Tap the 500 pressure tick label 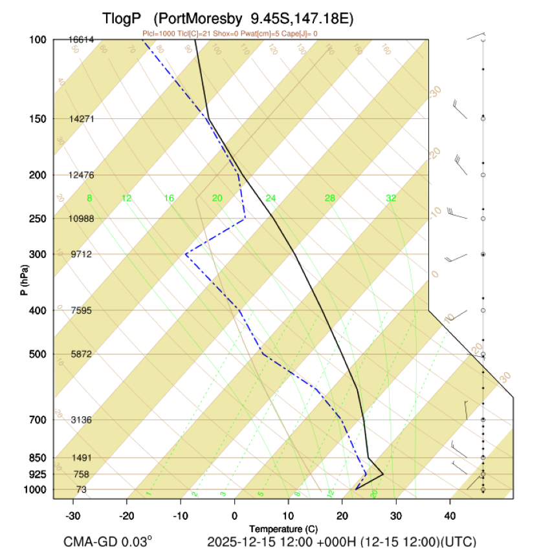[x=38, y=354]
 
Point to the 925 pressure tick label [x=38, y=475]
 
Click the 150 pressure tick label [x=38, y=119]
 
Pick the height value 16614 [x=82, y=39]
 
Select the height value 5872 [x=82, y=354]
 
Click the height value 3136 [x=82, y=420]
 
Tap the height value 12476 [x=82, y=175]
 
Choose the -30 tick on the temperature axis [x=73, y=515]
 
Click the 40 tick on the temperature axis [x=450, y=515]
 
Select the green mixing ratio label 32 [x=391, y=198]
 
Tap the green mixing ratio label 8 [x=90, y=198]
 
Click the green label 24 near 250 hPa [x=270, y=198]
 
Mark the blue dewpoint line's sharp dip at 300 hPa [x=186, y=254]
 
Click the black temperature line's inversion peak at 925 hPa [x=383, y=474]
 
